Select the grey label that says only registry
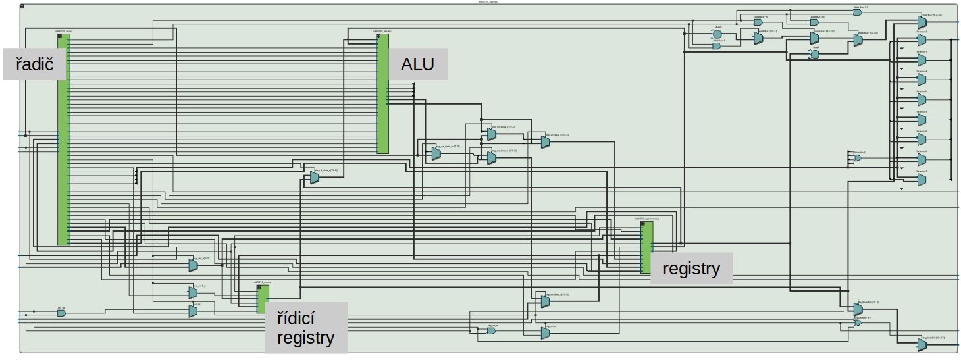click(691, 269)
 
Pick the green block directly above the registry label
click(647, 247)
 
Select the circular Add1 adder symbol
click(815, 55)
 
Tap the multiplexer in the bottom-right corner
click(922, 344)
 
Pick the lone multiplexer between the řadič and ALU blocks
click(315, 176)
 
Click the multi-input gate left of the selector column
click(857, 158)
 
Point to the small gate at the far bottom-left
click(61, 313)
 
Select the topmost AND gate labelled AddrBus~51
click(857, 13)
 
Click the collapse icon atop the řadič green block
click(60, 36)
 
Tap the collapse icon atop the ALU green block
click(378, 36)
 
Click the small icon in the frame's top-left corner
click(23, 5)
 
